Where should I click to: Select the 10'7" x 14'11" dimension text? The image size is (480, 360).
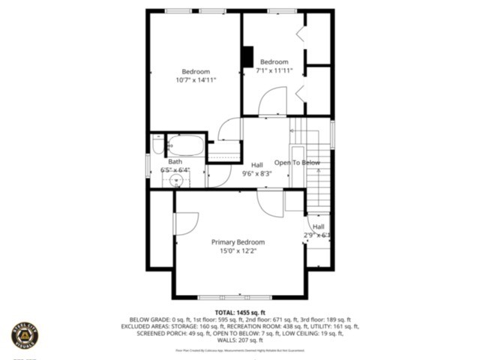[x=196, y=80]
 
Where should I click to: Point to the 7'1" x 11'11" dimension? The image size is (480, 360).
[x=274, y=70]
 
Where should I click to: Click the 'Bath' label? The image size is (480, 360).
[x=175, y=162]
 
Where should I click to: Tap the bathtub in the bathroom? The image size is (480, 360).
[x=184, y=145]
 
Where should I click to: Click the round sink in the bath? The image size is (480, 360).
[x=178, y=181]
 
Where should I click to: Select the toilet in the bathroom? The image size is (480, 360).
[x=157, y=145]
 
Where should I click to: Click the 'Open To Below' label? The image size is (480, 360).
[x=297, y=163]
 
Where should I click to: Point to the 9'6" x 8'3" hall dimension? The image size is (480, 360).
[x=256, y=173]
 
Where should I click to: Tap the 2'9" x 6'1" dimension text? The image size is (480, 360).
[x=317, y=235]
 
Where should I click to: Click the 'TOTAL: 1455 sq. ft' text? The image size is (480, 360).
[x=240, y=312]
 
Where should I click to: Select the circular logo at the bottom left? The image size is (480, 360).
[x=25, y=335]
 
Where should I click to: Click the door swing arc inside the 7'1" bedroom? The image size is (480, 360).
[x=273, y=100]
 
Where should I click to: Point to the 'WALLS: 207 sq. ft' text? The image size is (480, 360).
[x=240, y=340]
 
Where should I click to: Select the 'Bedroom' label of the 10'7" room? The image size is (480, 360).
[x=196, y=71]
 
